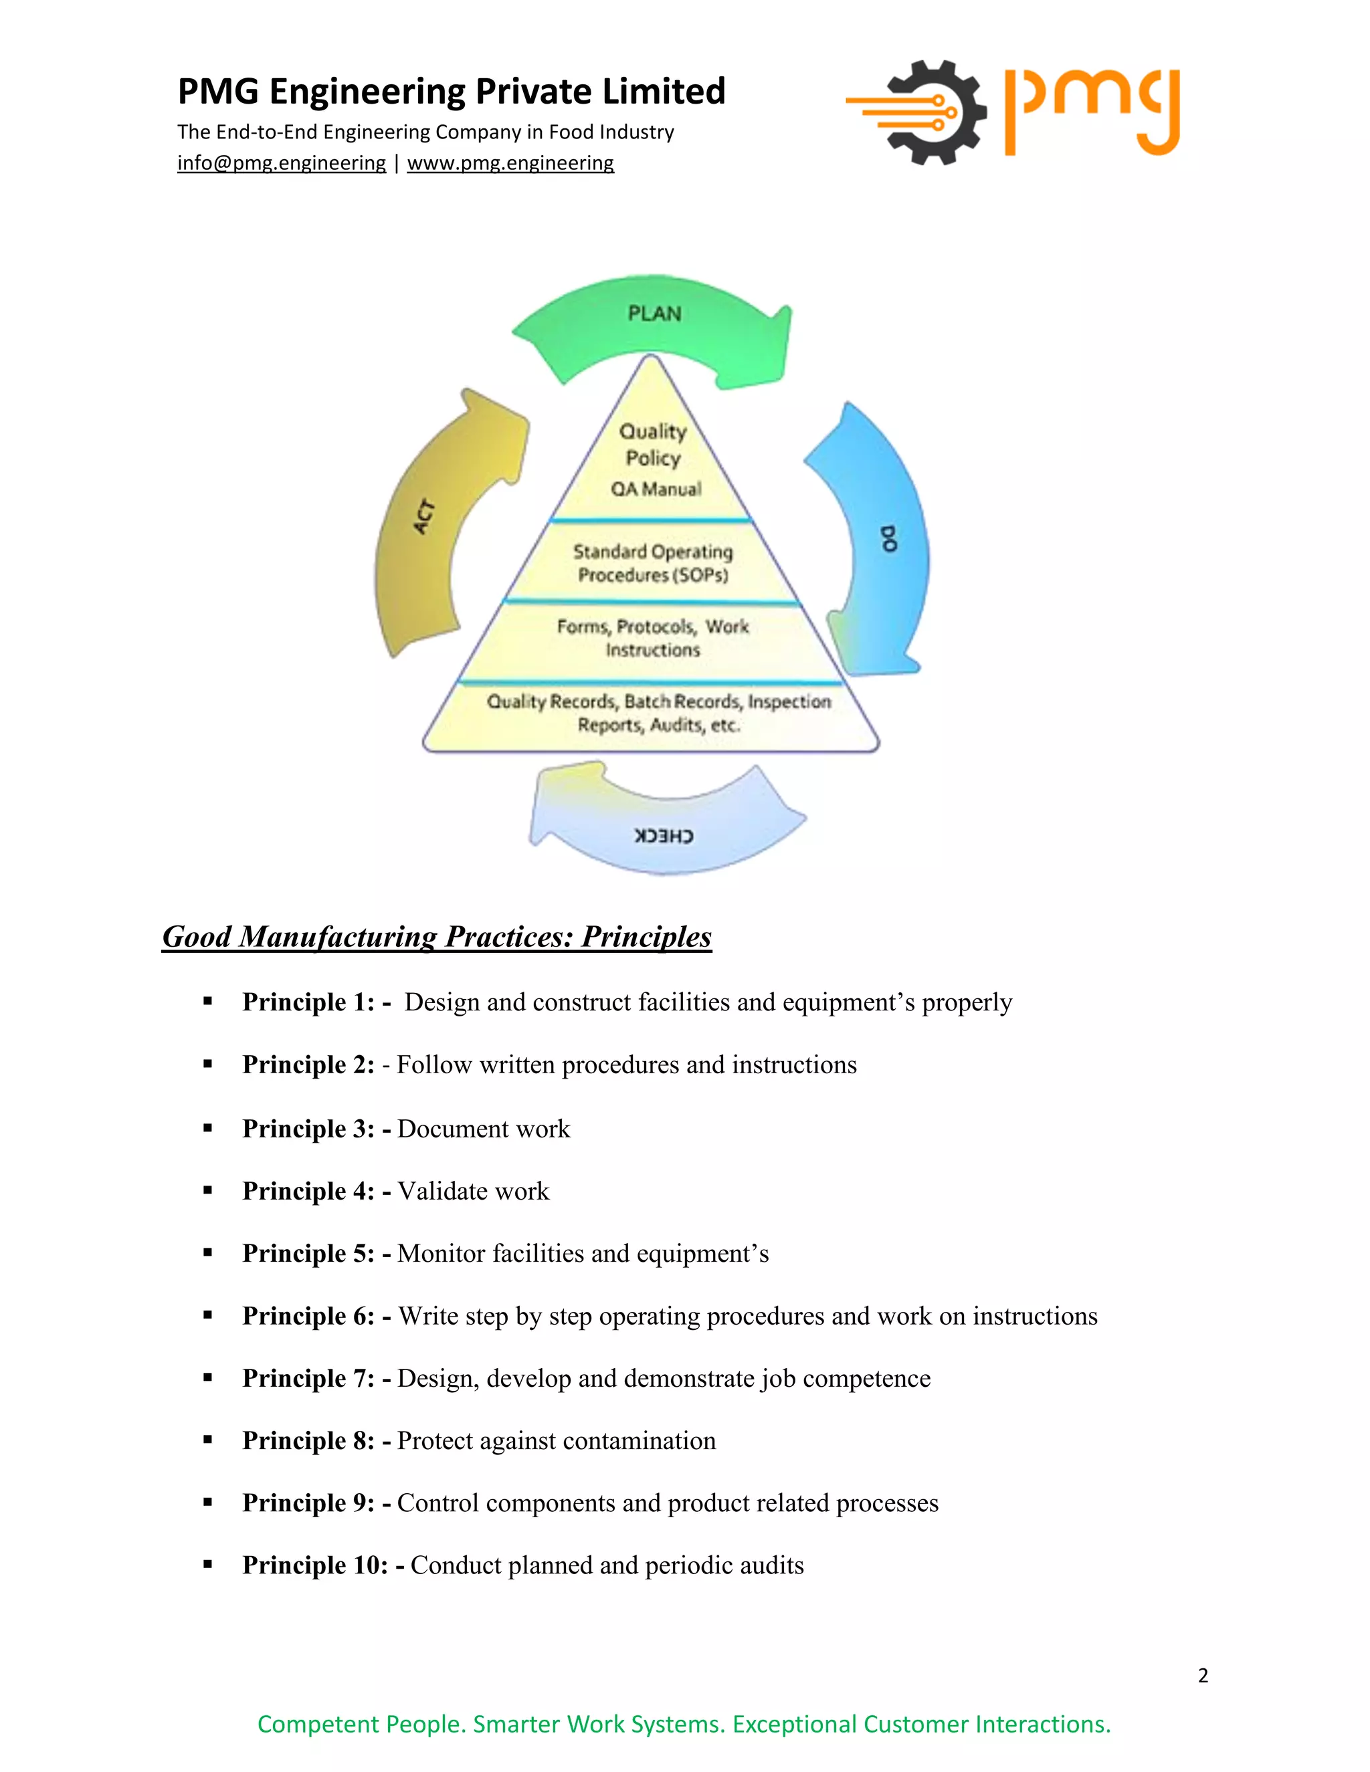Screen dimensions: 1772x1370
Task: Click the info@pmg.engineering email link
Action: (x=281, y=163)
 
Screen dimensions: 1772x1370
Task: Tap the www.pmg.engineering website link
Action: (x=510, y=163)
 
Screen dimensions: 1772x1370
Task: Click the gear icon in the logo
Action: (x=936, y=113)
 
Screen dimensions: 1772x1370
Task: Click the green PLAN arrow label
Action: (x=654, y=314)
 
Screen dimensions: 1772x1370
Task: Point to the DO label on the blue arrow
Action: (x=889, y=539)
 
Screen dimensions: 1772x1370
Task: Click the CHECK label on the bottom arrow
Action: (x=664, y=836)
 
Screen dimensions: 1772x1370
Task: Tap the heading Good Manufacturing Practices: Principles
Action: (x=437, y=936)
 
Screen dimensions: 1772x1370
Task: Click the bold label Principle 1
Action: (x=308, y=1002)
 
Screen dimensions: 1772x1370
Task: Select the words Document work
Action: (x=484, y=1129)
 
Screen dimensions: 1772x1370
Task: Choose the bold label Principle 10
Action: (x=315, y=1565)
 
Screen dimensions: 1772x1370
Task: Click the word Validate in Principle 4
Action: (x=442, y=1191)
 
